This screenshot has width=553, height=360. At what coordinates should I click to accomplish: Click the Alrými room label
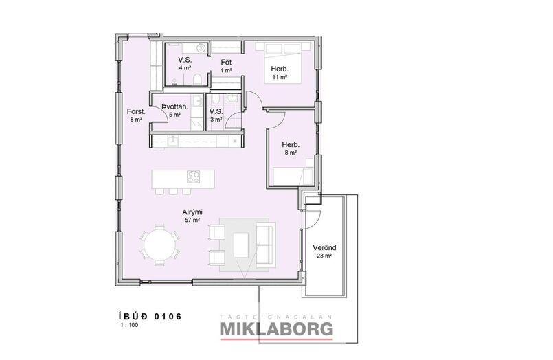[192, 212]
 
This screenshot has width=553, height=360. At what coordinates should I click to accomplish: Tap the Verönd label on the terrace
[324, 247]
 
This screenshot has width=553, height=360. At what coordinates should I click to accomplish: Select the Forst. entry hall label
[136, 112]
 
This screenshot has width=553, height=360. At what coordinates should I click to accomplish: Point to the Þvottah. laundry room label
[175, 106]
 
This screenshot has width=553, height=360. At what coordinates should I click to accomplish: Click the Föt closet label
[226, 63]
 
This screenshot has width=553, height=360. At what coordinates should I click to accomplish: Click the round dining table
[161, 245]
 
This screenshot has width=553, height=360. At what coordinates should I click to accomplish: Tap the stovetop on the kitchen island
[193, 177]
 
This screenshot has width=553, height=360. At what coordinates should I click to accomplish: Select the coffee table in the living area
[241, 245]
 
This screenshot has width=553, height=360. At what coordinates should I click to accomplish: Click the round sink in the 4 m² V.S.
[201, 49]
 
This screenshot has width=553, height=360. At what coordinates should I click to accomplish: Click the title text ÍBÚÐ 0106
[150, 316]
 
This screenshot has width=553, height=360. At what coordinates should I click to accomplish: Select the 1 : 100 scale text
[129, 325]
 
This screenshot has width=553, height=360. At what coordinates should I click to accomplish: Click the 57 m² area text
[192, 220]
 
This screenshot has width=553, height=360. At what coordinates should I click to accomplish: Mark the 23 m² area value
[324, 256]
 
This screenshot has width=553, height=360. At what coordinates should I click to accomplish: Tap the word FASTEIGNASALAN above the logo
[276, 317]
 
